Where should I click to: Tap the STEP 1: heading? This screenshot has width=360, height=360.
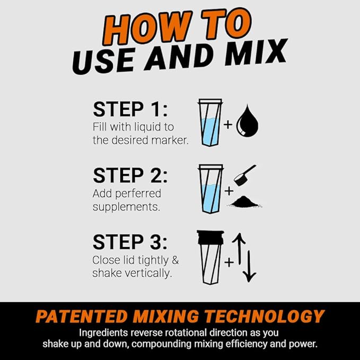point(130,109)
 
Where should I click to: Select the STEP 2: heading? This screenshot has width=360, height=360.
point(130,175)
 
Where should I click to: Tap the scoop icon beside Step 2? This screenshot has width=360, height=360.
point(244,174)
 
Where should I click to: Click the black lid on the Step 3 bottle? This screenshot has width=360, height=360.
point(209,238)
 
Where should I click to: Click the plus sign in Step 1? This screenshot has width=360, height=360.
point(229,125)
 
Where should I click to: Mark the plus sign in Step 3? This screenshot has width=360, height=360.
point(229,261)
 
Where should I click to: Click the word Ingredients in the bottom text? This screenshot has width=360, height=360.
point(103,333)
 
